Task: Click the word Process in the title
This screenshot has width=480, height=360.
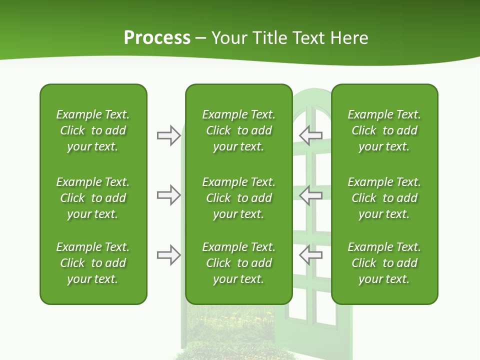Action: (x=157, y=38)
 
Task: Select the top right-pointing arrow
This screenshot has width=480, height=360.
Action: (x=169, y=135)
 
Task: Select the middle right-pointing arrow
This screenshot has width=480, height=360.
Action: (x=169, y=195)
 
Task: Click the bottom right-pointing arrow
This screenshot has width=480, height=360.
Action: (x=169, y=255)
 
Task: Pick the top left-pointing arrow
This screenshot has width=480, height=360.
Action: (x=310, y=135)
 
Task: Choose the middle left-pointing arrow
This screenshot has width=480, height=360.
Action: (x=310, y=195)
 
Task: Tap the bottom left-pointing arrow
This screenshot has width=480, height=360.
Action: (x=310, y=255)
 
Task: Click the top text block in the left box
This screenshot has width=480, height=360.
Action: (x=93, y=130)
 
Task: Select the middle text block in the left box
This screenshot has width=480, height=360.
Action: (x=93, y=198)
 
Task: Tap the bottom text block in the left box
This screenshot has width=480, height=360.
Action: (x=93, y=263)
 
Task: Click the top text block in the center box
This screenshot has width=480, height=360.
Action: (x=238, y=130)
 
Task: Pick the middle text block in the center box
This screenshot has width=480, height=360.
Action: (x=238, y=198)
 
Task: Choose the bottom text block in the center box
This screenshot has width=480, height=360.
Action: (x=238, y=263)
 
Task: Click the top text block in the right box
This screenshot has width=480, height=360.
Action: (x=384, y=130)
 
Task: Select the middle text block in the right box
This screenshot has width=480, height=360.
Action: (x=384, y=198)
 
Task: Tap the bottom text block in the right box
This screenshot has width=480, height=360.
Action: (x=384, y=263)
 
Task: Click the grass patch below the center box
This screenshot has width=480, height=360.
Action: (x=235, y=330)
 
